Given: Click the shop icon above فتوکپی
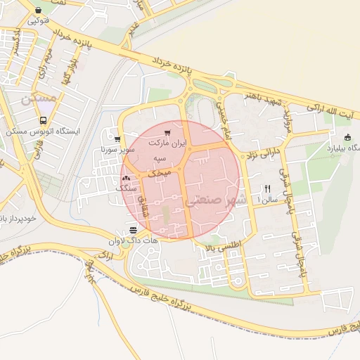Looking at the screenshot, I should (x=39, y=9).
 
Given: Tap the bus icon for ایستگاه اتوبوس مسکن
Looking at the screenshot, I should (x=44, y=121).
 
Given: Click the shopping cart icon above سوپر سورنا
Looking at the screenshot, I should (x=117, y=139).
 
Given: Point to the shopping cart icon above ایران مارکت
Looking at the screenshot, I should (x=167, y=132).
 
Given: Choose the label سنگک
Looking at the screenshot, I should (x=124, y=189).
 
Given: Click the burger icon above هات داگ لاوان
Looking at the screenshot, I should (x=133, y=230).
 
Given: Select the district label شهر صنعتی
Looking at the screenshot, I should (x=216, y=200).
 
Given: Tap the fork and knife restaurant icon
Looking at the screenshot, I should (x=267, y=188).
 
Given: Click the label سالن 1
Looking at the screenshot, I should (x=268, y=200).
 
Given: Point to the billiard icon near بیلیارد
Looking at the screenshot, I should (x=347, y=137).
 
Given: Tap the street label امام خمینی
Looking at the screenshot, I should (x=219, y=112).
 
